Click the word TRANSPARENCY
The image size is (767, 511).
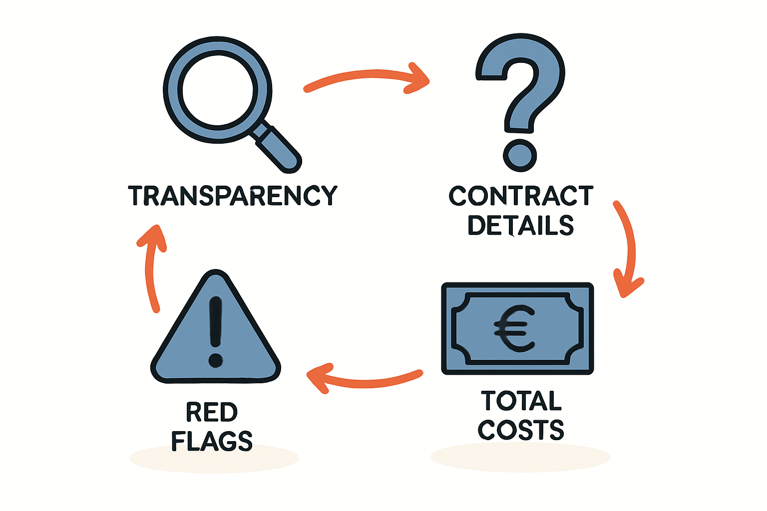233,196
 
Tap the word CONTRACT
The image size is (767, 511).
521,196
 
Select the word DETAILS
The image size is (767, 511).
520,225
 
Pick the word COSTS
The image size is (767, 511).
520,430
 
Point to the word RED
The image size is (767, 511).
212,412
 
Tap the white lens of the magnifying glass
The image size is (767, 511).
218,90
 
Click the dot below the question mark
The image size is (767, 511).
520,156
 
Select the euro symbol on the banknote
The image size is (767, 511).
514,328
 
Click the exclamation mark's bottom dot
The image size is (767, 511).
215,360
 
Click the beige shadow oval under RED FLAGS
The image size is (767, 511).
214,458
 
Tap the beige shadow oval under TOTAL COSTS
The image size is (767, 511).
520,457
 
